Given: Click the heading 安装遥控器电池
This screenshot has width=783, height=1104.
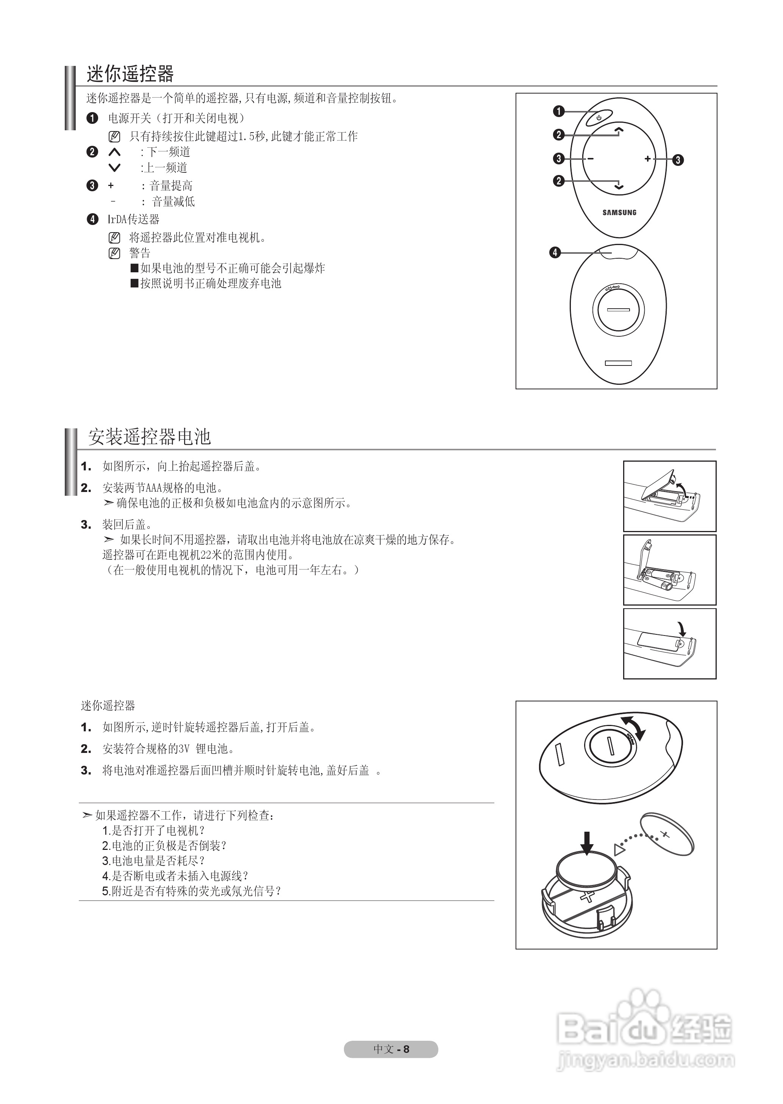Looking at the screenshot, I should (x=150, y=437).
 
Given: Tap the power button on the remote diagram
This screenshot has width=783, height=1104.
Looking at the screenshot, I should (x=599, y=117).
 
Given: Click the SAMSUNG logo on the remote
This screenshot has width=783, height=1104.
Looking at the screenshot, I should (x=619, y=212).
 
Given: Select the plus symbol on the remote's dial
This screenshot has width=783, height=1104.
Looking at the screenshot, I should (x=647, y=159).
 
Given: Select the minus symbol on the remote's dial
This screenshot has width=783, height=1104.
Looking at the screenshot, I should (x=590, y=159).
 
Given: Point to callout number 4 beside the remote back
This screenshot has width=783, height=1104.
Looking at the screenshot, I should (x=555, y=253).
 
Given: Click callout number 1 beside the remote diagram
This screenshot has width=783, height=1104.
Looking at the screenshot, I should (x=558, y=111).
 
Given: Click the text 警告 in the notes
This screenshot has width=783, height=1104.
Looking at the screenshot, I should (x=139, y=253).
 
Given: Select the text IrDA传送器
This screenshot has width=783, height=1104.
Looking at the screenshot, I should (x=133, y=219).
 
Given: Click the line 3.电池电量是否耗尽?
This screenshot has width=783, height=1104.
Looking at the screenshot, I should (x=153, y=860).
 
